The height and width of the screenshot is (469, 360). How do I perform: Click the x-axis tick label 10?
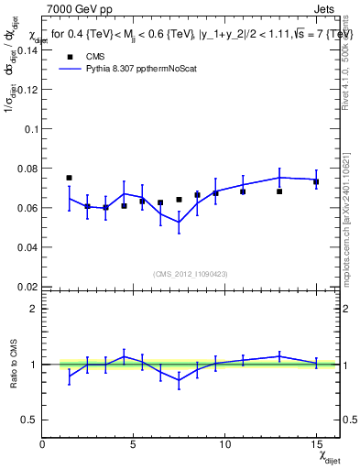[224, 445]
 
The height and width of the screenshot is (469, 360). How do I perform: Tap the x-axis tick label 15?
[315, 445]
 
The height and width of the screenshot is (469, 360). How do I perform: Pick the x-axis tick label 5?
[134, 445]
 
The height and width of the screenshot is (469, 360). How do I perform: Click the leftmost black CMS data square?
[69, 178]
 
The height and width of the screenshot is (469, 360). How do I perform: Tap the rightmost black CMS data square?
[316, 181]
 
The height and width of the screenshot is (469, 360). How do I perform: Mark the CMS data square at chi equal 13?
[279, 191]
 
